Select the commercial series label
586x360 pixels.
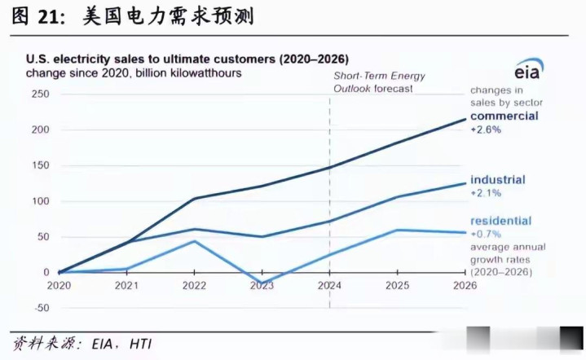pos(504,116)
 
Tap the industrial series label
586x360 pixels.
pos(497,180)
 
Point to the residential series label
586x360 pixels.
pos(500,221)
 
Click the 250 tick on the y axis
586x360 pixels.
pos(40,94)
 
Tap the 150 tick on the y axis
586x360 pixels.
pos(40,165)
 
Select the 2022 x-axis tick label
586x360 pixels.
pos(194,286)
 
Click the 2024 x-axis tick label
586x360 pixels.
pos(329,286)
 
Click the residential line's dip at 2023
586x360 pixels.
pos(262,283)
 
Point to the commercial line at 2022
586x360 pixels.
pos(194,198)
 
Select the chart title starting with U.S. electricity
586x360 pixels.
pos(187,59)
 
